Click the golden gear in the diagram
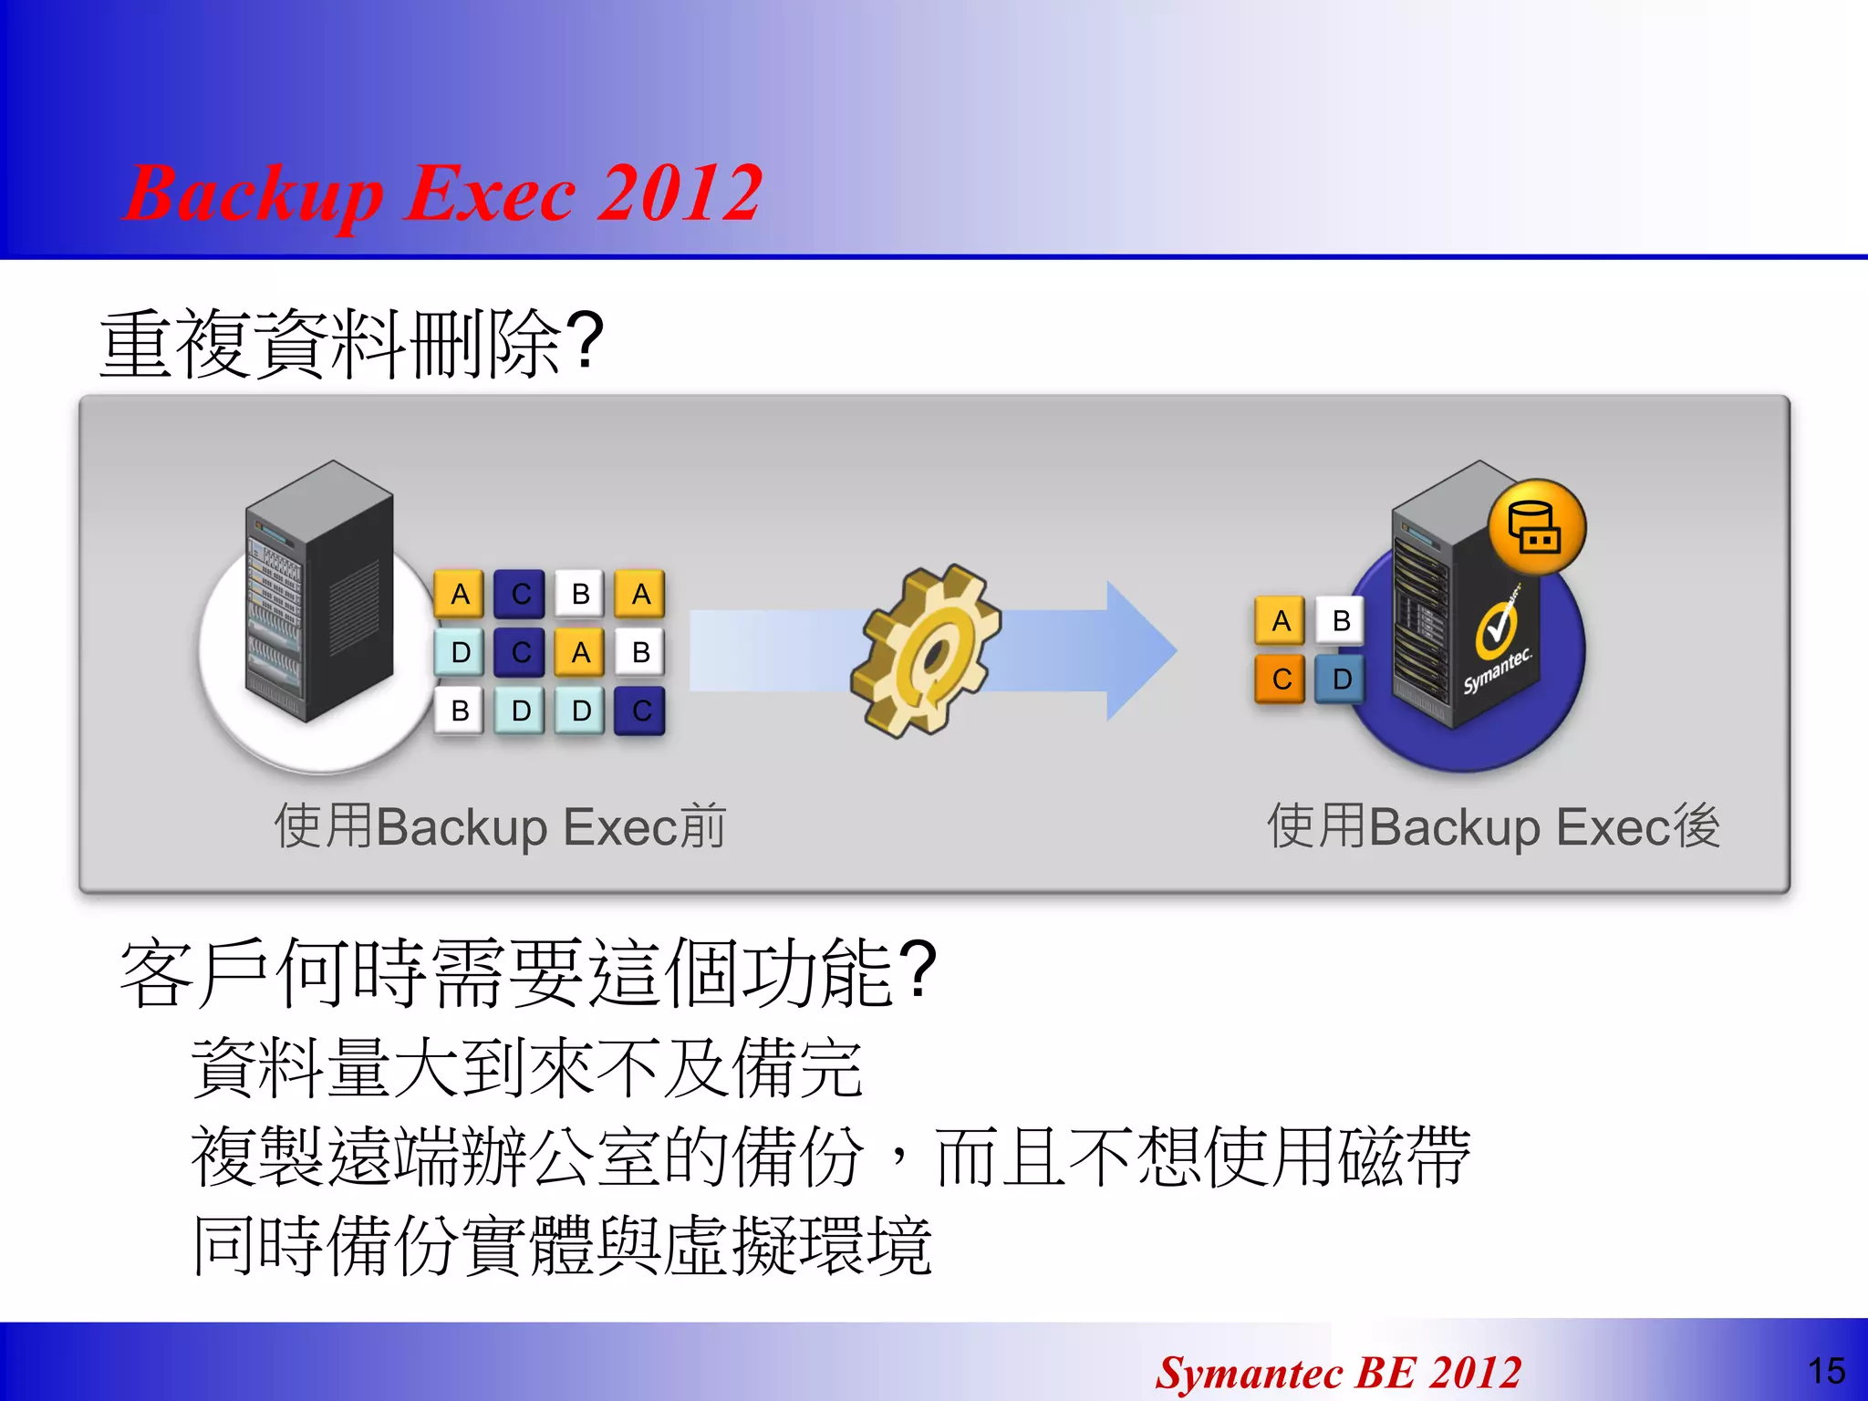(925, 649)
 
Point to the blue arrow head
(1140, 649)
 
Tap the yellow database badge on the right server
(1537, 528)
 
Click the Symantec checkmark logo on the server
(1496, 629)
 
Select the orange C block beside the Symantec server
(1281, 679)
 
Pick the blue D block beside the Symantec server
(1341, 679)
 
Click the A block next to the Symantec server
(1281, 620)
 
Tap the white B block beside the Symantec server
(1341, 620)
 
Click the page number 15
(1826, 1371)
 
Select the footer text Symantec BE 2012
(1338, 1373)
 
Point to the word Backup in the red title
(254, 195)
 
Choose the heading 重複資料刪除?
(351, 344)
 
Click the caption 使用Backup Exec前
(500, 826)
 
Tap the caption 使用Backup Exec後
(1493, 826)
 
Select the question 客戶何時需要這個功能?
(528, 973)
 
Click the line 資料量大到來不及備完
(526, 1067)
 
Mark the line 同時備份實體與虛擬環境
(562, 1246)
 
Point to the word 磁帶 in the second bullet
(1405, 1157)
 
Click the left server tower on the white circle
(319, 593)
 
